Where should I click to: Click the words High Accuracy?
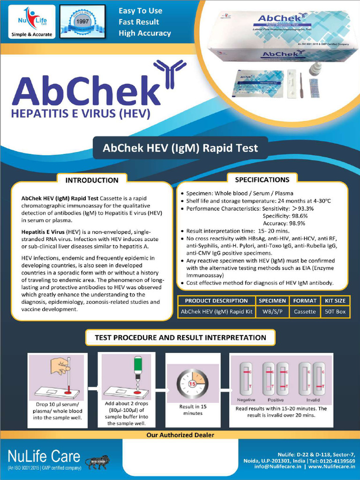(145, 33)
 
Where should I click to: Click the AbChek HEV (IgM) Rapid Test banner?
(180, 148)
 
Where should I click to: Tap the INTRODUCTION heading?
(92, 180)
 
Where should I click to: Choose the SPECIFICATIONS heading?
(262, 179)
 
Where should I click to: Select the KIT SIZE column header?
(335, 300)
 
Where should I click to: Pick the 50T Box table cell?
(335, 311)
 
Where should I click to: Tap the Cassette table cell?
(305, 311)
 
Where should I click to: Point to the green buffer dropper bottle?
(138, 367)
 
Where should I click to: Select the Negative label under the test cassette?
(246, 400)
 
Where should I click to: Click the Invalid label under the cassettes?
(313, 400)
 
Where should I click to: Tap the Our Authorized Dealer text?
(180, 435)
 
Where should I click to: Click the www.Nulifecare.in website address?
(332, 467)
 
